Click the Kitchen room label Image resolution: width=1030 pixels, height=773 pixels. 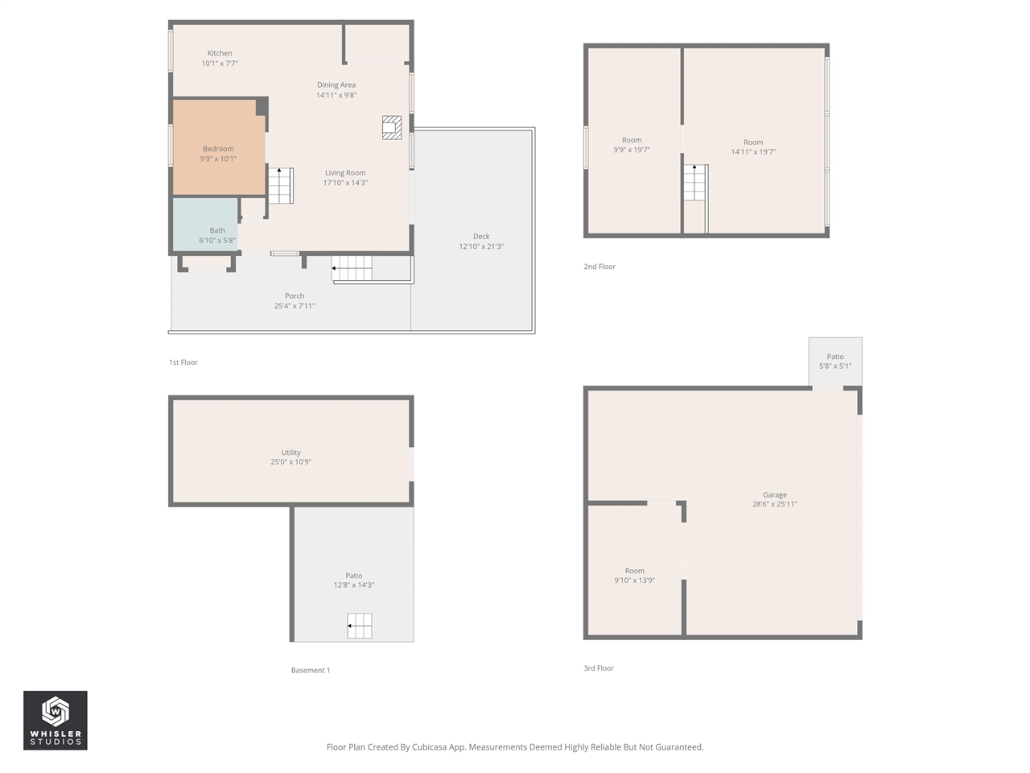pyautogui.click(x=220, y=53)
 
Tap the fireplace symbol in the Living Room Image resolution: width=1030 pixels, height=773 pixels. pyautogui.click(x=392, y=127)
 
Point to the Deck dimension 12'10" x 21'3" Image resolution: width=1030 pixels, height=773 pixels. pyautogui.click(x=481, y=246)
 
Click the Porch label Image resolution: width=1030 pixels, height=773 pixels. pyautogui.click(x=295, y=296)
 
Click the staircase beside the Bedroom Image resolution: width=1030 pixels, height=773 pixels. pyautogui.click(x=281, y=185)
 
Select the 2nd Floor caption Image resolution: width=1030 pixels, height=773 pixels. pyautogui.click(x=599, y=267)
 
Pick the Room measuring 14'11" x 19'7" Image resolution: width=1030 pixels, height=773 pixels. pyautogui.click(x=753, y=147)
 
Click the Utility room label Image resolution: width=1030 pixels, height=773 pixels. pyautogui.click(x=291, y=453)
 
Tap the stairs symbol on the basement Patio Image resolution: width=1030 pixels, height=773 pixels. pyautogui.click(x=360, y=626)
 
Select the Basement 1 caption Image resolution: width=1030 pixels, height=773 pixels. pyautogui.click(x=311, y=670)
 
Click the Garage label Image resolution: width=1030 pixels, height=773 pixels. pyautogui.click(x=775, y=494)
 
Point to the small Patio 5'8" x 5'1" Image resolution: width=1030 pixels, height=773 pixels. pyautogui.click(x=835, y=362)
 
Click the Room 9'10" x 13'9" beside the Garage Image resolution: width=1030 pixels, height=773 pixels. pyautogui.click(x=635, y=575)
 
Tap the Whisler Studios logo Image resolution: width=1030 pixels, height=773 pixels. pyautogui.click(x=56, y=720)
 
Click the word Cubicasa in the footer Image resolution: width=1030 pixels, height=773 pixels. pyautogui.click(x=429, y=747)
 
